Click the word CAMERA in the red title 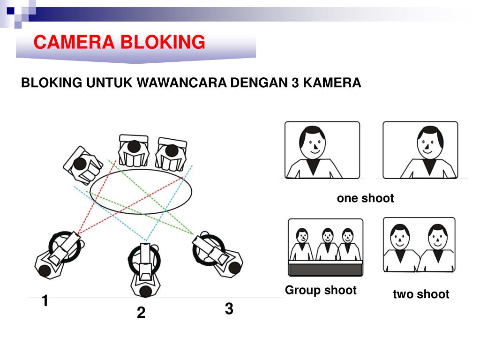[74, 42]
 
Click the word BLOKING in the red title [163, 42]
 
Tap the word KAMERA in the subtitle [332, 82]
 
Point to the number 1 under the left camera [45, 300]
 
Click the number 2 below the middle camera [141, 313]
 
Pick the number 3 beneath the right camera [229, 308]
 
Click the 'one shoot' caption [365, 198]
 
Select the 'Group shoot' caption [321, 290]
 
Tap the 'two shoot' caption [421, 294]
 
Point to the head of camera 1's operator [45, 271]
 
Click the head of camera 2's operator [146, 291]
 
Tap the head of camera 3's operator [235, 268]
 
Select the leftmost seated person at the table [82, 165]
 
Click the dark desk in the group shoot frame [326, 270]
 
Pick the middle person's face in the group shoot [328, 236]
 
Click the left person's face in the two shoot [400, 237]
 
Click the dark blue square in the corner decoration [11, 11]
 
